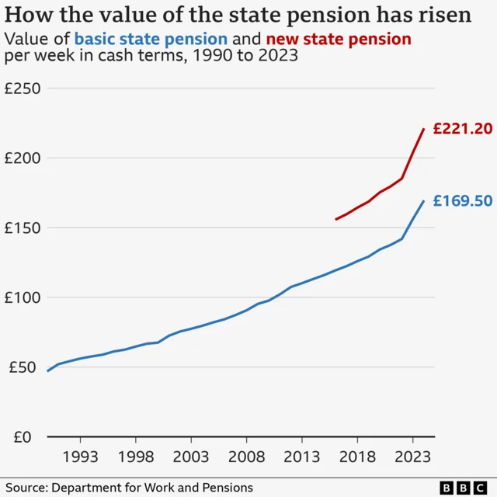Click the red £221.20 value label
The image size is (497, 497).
pyautogui.click(x=462, y=129)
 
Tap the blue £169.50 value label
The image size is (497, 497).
pyautogui.click(x=462, y=201)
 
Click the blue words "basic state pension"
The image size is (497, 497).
pyautogui.click(x=151, y=39)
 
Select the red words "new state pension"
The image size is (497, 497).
pyautogui.click(x=338, y=39)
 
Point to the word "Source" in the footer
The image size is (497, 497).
pyautogui.click(x=25, y=487)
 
